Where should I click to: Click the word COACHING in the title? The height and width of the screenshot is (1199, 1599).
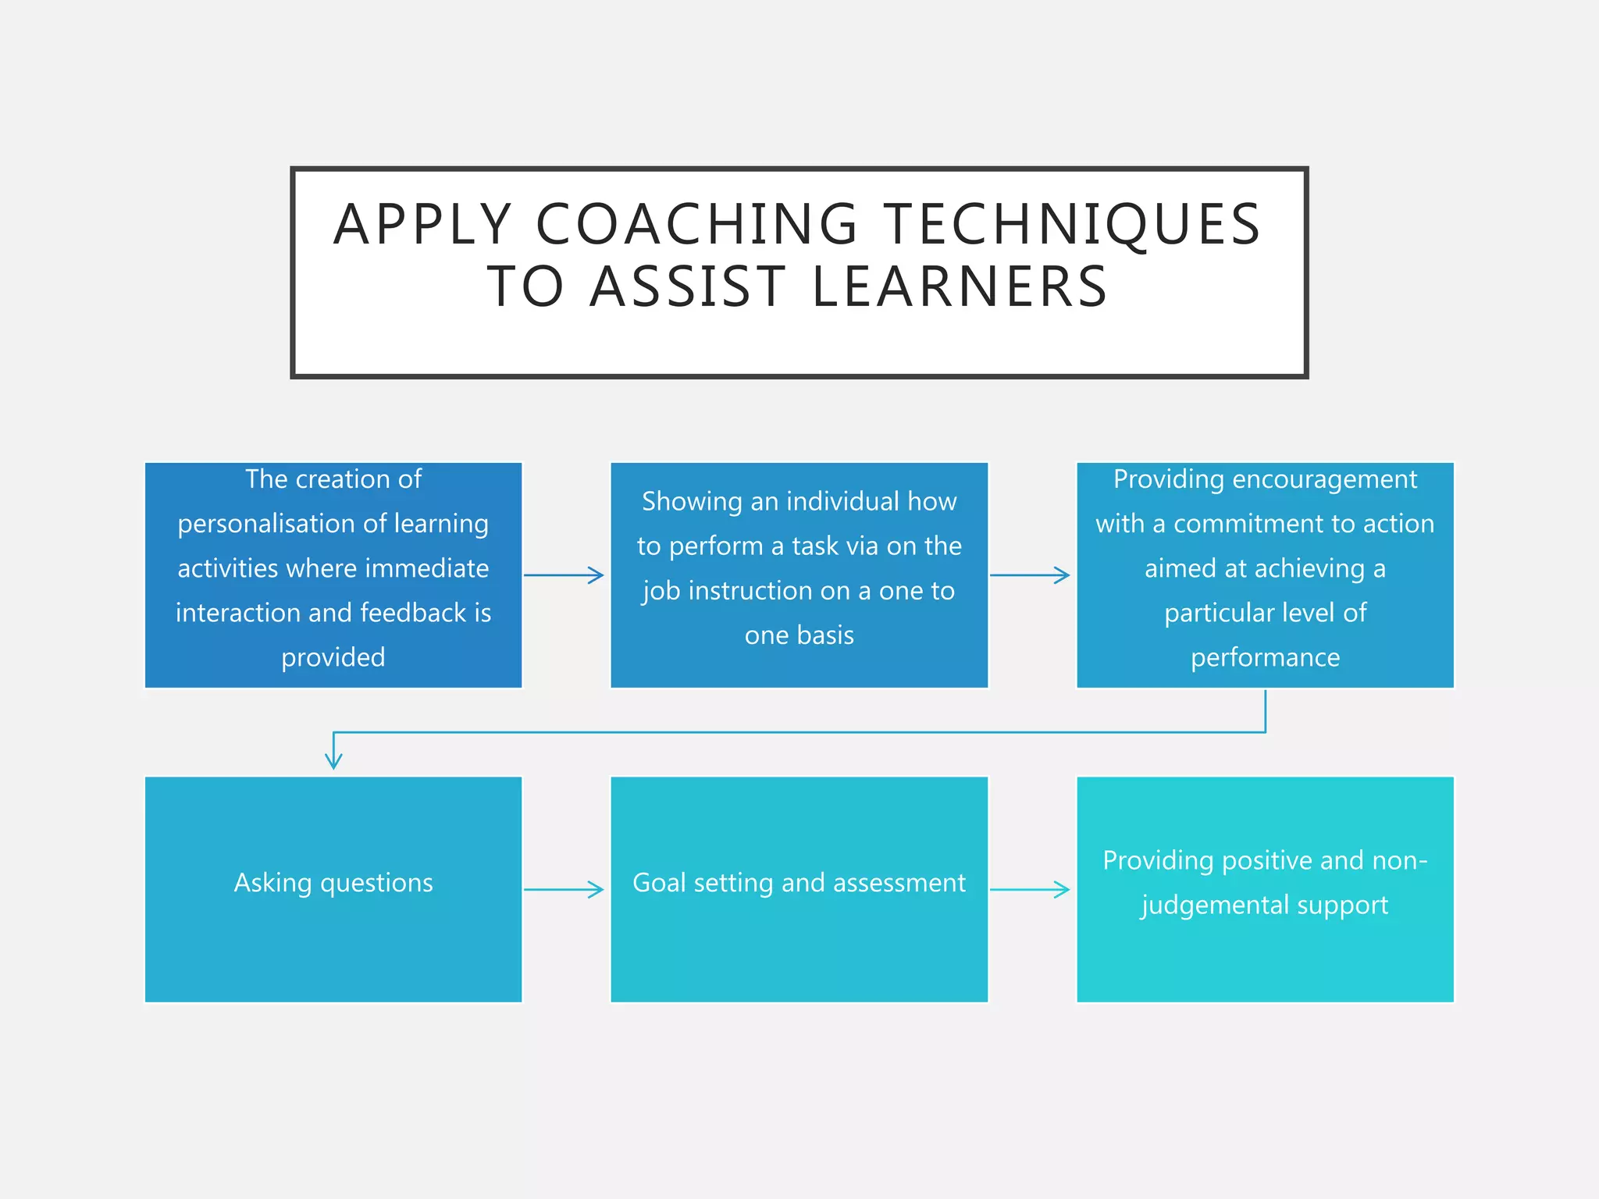tap(697, 225)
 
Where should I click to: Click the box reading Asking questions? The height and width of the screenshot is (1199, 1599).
tap(333, 889)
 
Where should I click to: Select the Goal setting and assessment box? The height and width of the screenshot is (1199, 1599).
tap(799, 889)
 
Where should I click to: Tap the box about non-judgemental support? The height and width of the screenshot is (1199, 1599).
tap(1265, 889)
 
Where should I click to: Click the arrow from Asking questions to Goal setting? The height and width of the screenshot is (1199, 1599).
tap(564, 889)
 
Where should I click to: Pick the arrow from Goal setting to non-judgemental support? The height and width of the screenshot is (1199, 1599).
tap(1030, 889)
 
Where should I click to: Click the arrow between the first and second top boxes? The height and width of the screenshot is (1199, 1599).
tap(564, 575)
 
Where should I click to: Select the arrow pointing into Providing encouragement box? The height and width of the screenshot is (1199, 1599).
tap(1030, 575)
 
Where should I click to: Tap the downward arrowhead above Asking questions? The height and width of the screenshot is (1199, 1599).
tap(333, 761)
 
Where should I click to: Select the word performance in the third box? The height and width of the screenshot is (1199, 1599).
tap(1265, 658)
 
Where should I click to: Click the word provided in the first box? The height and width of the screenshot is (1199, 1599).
tap(333, 658)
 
